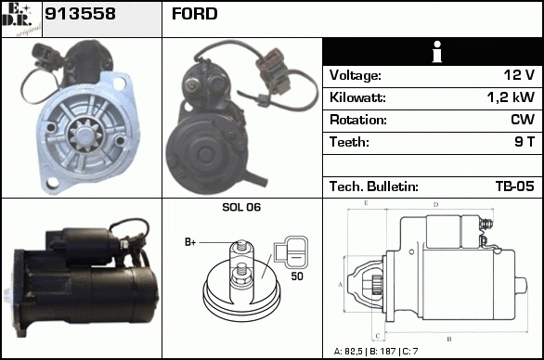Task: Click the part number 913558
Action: (80, 14)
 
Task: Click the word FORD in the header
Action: (195, 14)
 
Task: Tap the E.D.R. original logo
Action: (21, 19)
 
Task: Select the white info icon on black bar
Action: (437, 52)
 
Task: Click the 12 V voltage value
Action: (519, 75)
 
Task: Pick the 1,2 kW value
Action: (511, 97)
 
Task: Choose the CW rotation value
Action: (523, 120)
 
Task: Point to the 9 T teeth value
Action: (525, 142)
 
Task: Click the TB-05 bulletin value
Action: (515, 186)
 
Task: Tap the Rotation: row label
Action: (358, 120)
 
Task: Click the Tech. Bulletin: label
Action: (374, 186)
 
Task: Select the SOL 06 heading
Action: (241, 207)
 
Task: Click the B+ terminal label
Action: (190, 242)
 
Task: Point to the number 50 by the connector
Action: (297, 276)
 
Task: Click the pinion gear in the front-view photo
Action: (85, 135)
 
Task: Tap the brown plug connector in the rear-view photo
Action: (273, 71)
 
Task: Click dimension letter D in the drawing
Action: (435, 205)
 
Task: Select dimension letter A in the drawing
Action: (341, 285)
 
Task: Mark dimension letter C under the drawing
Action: (378, 336)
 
